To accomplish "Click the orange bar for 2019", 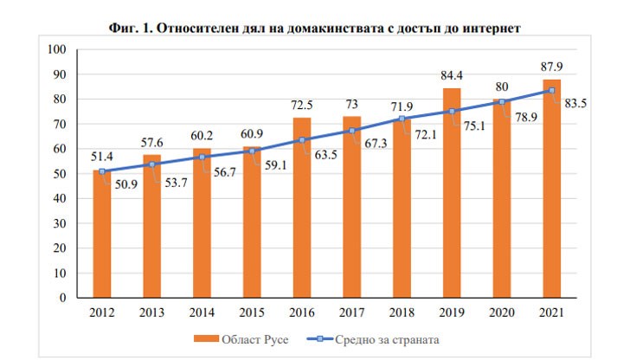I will click(452, 195).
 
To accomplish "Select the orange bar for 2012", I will click(102, 234).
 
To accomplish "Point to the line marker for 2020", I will click(502, 101).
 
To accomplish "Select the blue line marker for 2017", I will click(352, 131).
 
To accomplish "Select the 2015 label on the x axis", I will click(252, 312).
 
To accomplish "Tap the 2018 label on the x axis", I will click(402, 312).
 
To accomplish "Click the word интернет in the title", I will click(490, 29).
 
